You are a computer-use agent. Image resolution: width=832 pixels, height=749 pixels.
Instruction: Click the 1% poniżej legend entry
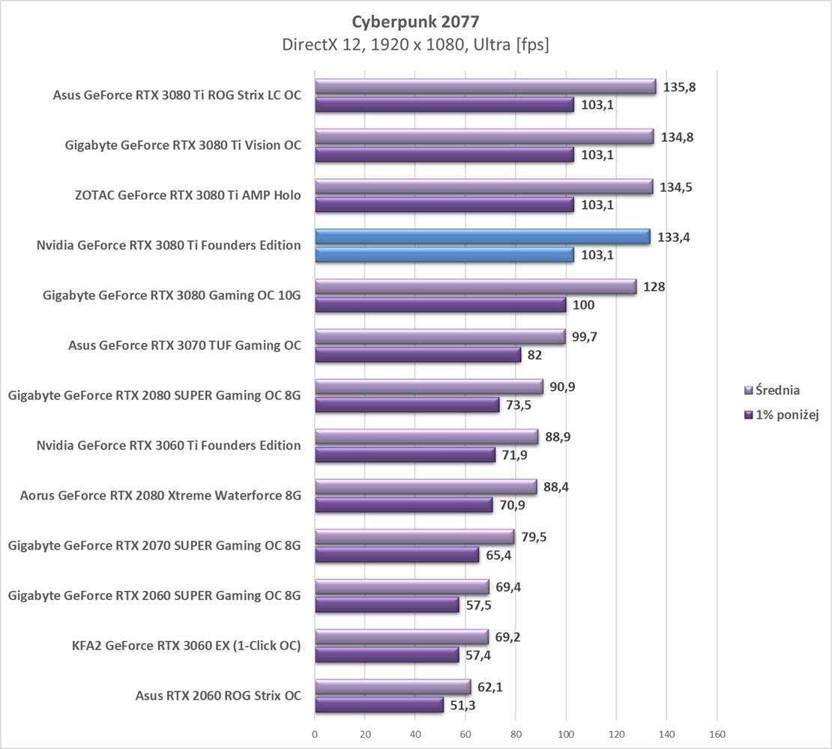pos(779,415)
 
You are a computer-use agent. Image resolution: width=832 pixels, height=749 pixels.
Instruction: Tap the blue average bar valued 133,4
pos(482,237)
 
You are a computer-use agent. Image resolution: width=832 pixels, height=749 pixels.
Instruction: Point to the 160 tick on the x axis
pos(717,735)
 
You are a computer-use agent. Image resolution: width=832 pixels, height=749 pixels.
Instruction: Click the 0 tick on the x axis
pos(315,735)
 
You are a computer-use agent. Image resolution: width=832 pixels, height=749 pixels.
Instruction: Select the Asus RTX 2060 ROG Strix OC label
pos(218,696)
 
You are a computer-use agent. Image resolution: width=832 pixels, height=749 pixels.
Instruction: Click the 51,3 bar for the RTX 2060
pos(379,705)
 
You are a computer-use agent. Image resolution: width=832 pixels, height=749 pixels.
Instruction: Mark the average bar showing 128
pos(475,287)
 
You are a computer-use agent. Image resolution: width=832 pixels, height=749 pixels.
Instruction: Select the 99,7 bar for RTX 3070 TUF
pos(440,337)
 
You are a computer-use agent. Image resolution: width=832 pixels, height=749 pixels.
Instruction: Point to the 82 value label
pos(534,355)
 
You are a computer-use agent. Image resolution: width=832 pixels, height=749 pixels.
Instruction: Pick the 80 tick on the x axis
pos(516,735)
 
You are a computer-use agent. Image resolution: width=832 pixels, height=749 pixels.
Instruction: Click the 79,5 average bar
pos(415,537)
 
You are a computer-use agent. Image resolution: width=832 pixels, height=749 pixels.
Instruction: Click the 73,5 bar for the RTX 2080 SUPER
pos(407,405)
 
